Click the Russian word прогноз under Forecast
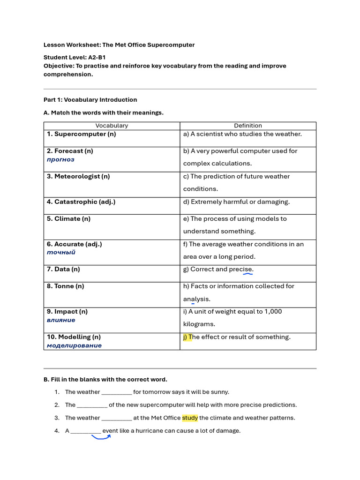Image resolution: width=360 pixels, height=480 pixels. [60, 159]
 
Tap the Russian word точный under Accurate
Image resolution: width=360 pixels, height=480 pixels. [61, 252]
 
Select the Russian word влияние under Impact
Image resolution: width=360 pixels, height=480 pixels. [61, 320]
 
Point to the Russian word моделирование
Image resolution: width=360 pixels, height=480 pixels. [74, 345]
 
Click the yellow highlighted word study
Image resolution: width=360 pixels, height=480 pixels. [190, 418]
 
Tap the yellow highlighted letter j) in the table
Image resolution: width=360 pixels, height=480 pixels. [186, 337]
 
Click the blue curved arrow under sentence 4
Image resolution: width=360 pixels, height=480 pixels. [101, 438]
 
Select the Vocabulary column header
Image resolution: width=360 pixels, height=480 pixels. [112, 126]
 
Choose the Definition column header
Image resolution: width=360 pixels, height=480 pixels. [248, 126]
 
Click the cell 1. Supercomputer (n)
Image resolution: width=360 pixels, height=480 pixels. [81, 134]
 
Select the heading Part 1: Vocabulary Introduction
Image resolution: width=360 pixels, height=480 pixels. [90, 100]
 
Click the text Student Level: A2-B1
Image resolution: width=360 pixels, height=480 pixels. [75, 57]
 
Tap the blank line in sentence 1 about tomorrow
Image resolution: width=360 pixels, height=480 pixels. [116, 392]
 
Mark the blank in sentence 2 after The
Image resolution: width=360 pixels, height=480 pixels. [92, 405]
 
